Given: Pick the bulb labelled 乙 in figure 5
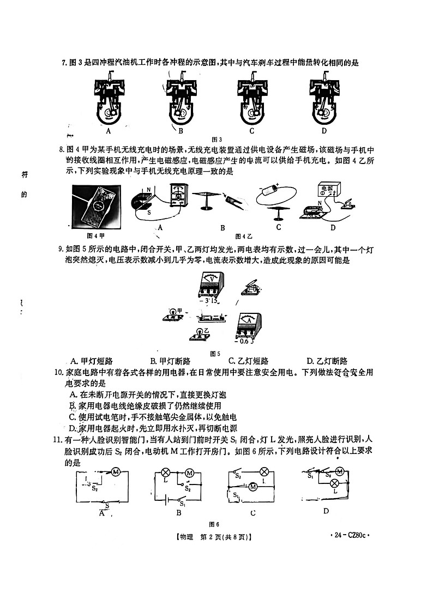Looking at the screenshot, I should pos(199,334).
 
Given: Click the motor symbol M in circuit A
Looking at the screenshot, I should pos(116,472).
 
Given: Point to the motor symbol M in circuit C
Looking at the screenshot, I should pos(252,488).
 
